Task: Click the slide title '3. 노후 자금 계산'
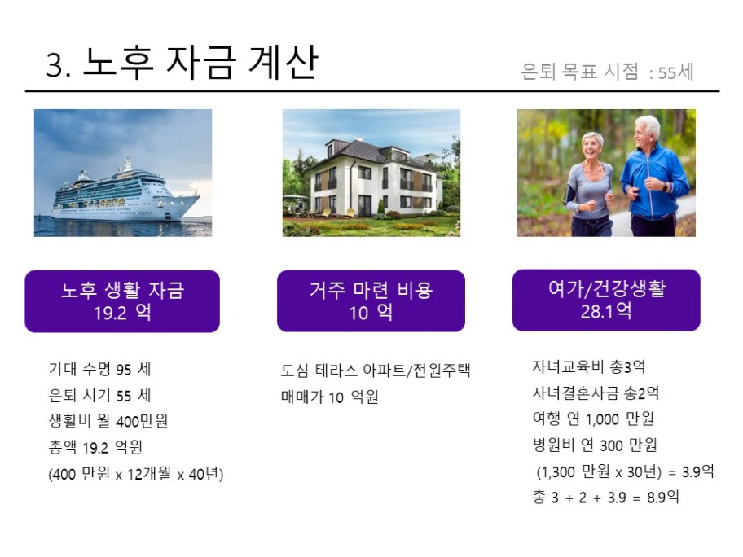click(182, 62)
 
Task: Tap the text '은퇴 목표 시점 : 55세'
click(607, 72)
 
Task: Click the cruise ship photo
click(123, 173)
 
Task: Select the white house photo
click(371, 173)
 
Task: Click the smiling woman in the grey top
click(589, 185)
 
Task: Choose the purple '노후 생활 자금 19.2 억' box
click(122, 301)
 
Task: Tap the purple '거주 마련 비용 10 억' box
click(371, 300)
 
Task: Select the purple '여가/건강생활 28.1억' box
click(606, 300)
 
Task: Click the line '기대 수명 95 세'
click(100, 369)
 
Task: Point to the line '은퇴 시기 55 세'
click(100, 395)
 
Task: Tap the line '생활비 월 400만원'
click(108, 420)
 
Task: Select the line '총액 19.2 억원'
click(95, 446)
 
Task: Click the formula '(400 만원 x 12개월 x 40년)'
click(136, 473)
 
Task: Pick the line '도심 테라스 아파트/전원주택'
click(376, 371)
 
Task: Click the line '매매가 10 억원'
click(330, 397)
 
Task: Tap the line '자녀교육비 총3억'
click(589, 366)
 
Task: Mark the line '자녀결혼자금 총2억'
click(596, 393)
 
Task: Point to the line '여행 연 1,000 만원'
click(593, 419)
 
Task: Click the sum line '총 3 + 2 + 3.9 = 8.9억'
click(605, 497)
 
